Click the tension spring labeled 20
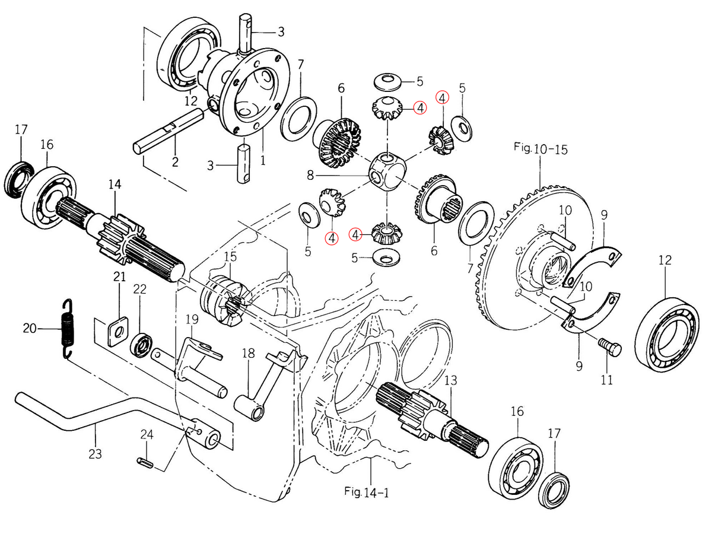(69, 329)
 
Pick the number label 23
(95, 454)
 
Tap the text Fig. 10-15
(541, 148)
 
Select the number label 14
(115, 185)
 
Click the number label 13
(451, 380)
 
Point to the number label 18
(248, 354)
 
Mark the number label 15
(230, 256)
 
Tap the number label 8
(310, 176)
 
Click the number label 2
(175, 161)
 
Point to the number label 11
(606, 380)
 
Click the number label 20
(30, 328)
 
